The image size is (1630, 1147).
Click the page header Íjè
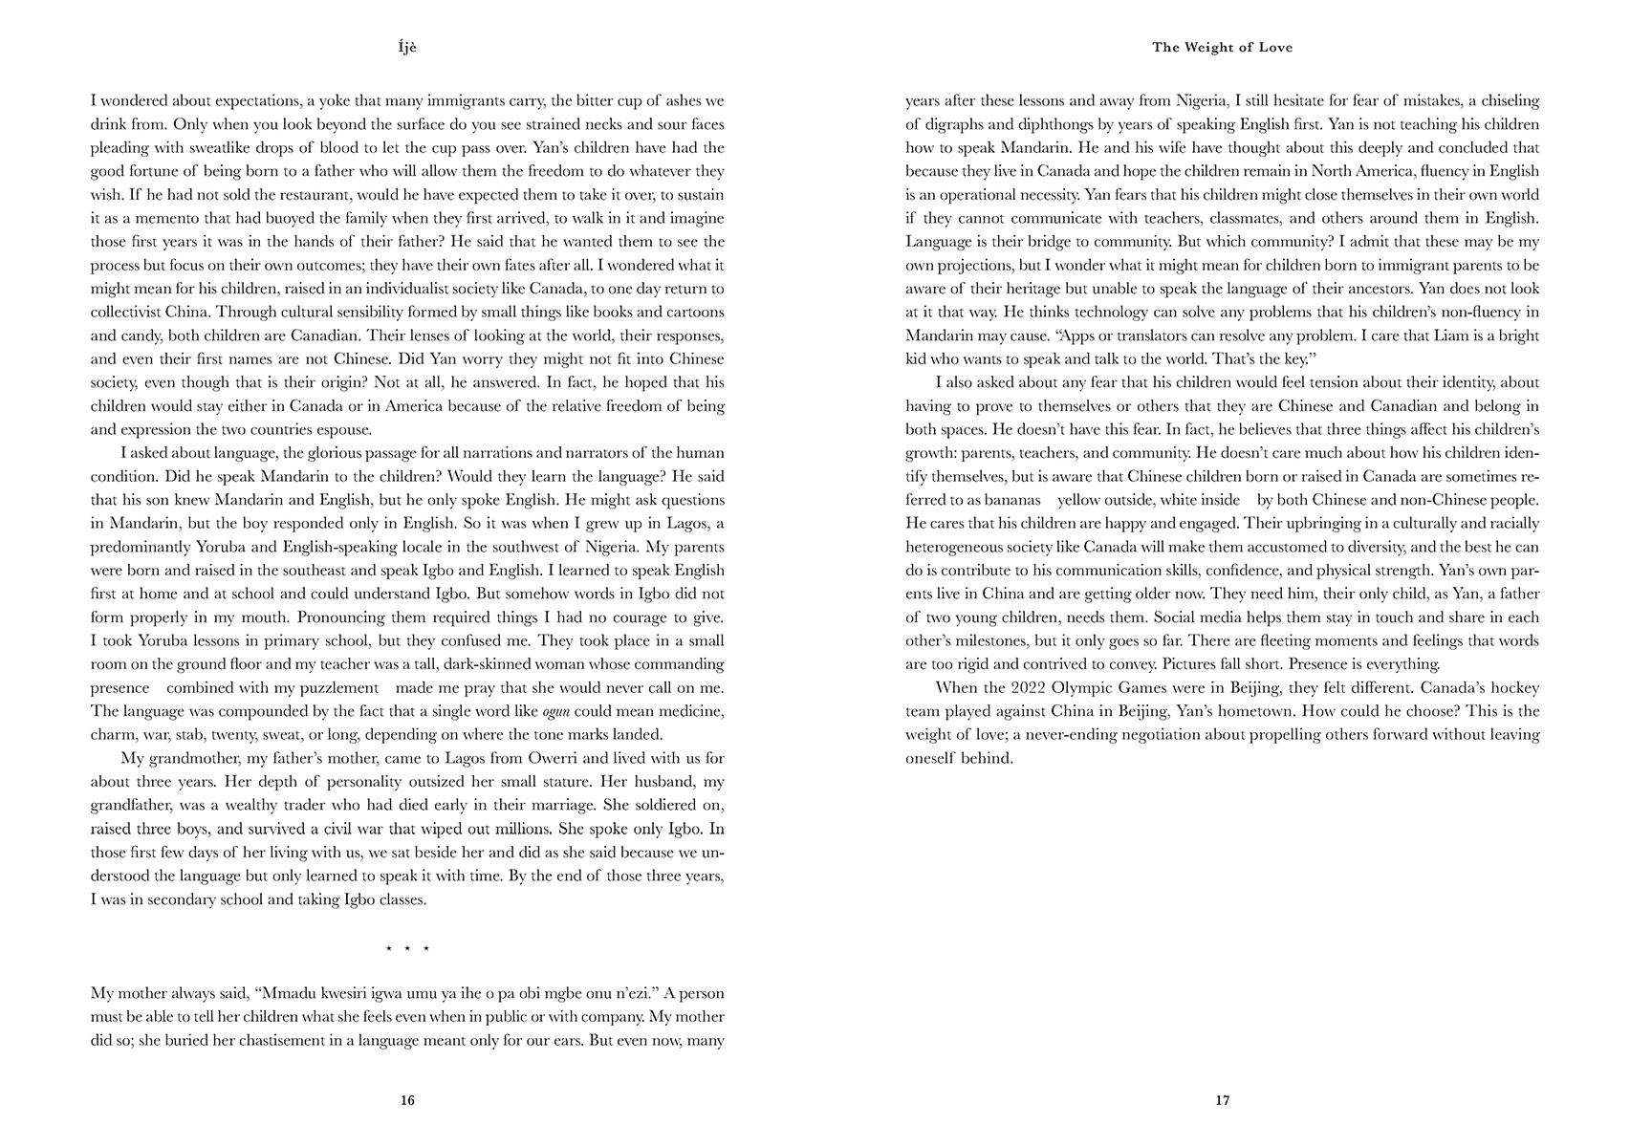click(x=407, y=47)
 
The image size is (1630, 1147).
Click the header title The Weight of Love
click(x=1222, y=47)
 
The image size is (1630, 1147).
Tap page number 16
click(x=407, y=1100)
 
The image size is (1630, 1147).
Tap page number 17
click(x=1222, y=1100)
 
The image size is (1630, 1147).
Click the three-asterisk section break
click(x=407, y=949)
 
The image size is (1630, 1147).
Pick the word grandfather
click(x=132, y=806)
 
